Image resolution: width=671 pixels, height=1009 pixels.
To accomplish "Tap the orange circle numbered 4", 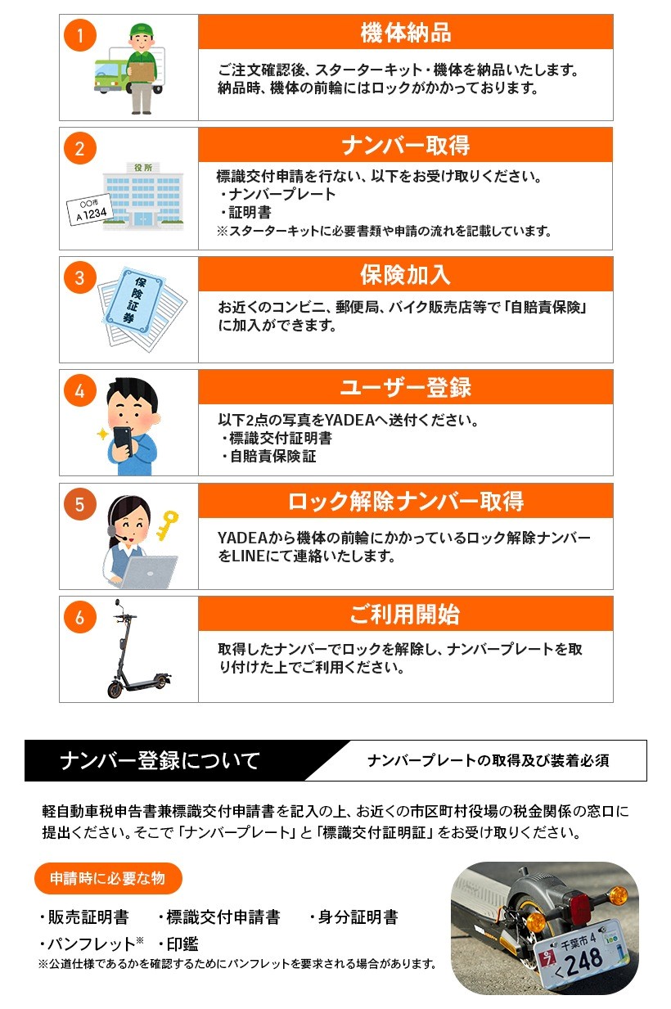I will tap(79, 390).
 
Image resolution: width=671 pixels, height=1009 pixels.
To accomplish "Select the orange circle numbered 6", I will tap(79, 618).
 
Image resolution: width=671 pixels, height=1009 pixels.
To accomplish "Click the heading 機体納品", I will tap(405, 32).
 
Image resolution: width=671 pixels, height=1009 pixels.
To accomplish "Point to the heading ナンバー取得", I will tap(405, 146).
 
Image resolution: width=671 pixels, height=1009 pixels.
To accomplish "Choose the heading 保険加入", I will tap(405, 274).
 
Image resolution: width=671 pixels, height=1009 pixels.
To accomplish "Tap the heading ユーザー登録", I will tap(405, 387).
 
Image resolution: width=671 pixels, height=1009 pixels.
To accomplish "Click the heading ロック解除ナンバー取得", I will tap(405, 501).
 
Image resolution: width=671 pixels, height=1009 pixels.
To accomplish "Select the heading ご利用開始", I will tap(405, 614).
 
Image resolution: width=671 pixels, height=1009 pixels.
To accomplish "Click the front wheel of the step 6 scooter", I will tap(115, 688).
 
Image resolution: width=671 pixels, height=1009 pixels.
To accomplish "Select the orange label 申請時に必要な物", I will tap(107, 878).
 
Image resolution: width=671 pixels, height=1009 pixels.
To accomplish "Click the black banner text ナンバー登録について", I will tap(160, 761).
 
